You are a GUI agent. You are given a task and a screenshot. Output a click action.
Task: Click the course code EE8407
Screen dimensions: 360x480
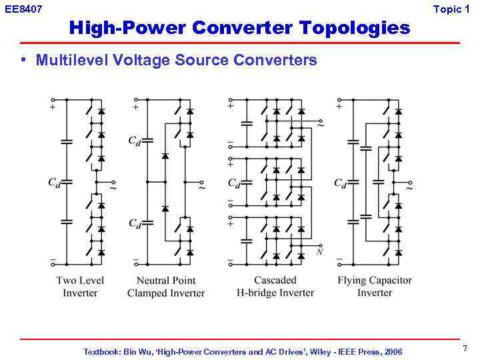23,9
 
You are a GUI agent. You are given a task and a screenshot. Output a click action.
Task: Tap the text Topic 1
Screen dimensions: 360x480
456,9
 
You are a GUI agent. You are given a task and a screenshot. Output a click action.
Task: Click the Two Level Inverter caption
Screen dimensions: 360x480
80,287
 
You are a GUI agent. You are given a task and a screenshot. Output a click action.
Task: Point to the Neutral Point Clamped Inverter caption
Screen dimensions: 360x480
166,287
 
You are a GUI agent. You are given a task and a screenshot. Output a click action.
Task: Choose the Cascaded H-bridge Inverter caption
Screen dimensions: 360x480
275,287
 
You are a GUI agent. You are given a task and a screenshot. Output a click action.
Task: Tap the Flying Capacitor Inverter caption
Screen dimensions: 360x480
375,287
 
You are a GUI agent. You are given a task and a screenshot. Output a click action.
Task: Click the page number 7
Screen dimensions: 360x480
465,349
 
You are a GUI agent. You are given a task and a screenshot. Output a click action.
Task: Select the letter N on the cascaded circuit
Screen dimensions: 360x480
320,251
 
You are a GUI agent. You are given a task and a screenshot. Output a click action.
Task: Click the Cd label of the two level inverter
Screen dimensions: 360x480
54,182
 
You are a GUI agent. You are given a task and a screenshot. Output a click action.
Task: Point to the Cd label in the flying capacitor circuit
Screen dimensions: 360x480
340,183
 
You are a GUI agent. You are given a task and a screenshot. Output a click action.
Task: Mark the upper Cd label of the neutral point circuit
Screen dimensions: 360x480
135,141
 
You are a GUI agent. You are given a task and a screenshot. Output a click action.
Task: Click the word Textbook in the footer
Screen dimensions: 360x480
102,351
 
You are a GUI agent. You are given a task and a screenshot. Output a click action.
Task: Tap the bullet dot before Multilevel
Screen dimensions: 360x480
23,60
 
